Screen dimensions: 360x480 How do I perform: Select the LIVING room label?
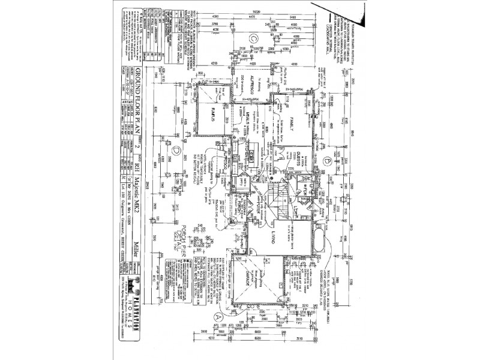tap(271, 239)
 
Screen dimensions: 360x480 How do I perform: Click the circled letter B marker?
tap(326, 161)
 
